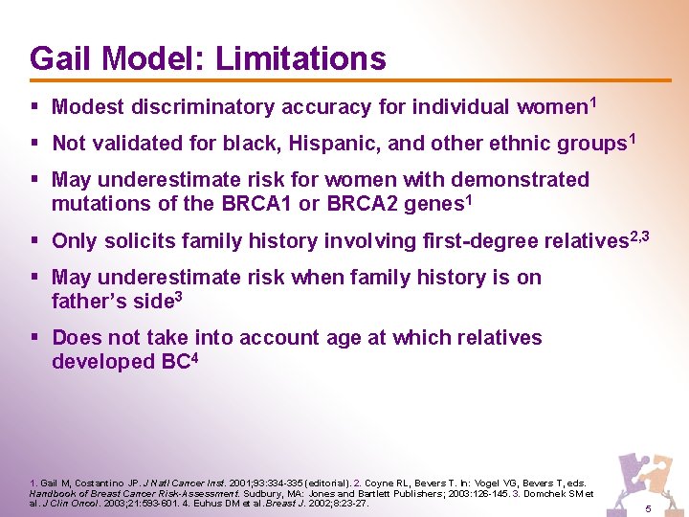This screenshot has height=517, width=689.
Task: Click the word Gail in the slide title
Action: click(x=61, y=58)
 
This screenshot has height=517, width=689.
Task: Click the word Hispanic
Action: click(x=317, y=144)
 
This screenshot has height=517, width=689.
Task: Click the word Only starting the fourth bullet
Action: click(x=75, y=241)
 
